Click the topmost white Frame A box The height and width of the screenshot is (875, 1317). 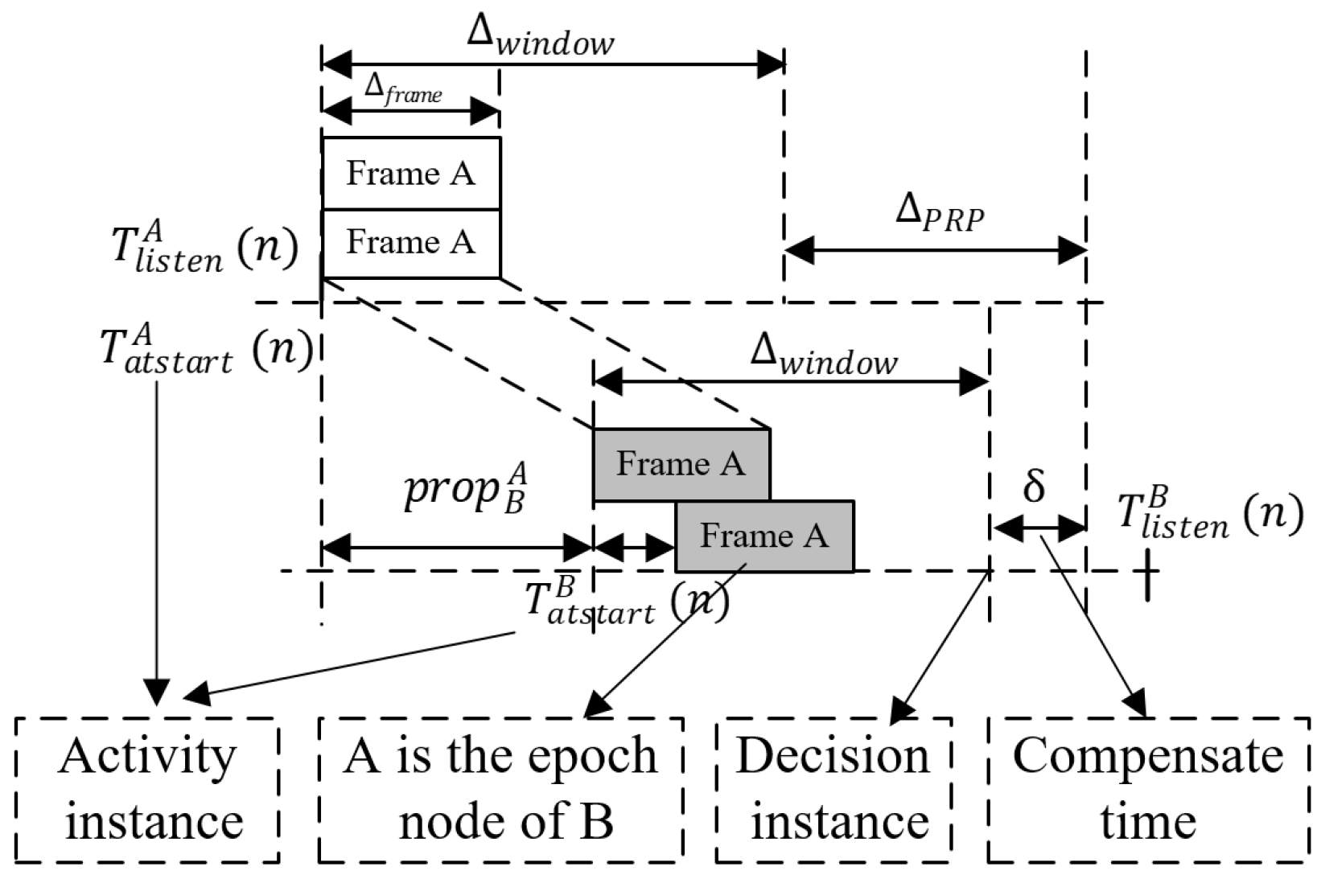click(411, 174)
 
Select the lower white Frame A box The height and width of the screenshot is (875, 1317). click(411, 243)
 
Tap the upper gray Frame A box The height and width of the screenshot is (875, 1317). click(681, 464)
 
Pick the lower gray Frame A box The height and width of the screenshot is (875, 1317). click(764, 536)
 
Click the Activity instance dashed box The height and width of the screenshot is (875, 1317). click(148, 790)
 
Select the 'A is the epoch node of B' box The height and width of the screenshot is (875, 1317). click(500, 790)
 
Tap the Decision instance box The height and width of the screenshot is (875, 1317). click(833, 790)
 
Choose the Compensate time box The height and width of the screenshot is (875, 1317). click(1148, 790)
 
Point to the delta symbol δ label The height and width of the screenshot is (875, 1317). click(1034, 486)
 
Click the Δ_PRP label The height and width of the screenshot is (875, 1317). click(940, 214)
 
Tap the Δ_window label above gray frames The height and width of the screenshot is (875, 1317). click(824, 356)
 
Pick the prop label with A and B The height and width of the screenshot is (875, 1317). click(467, 488)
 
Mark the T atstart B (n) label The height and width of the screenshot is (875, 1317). click(626, 602)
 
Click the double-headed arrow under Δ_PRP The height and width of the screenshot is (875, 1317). click(936, 250)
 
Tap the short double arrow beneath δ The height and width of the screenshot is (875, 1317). click(1039, 528)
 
